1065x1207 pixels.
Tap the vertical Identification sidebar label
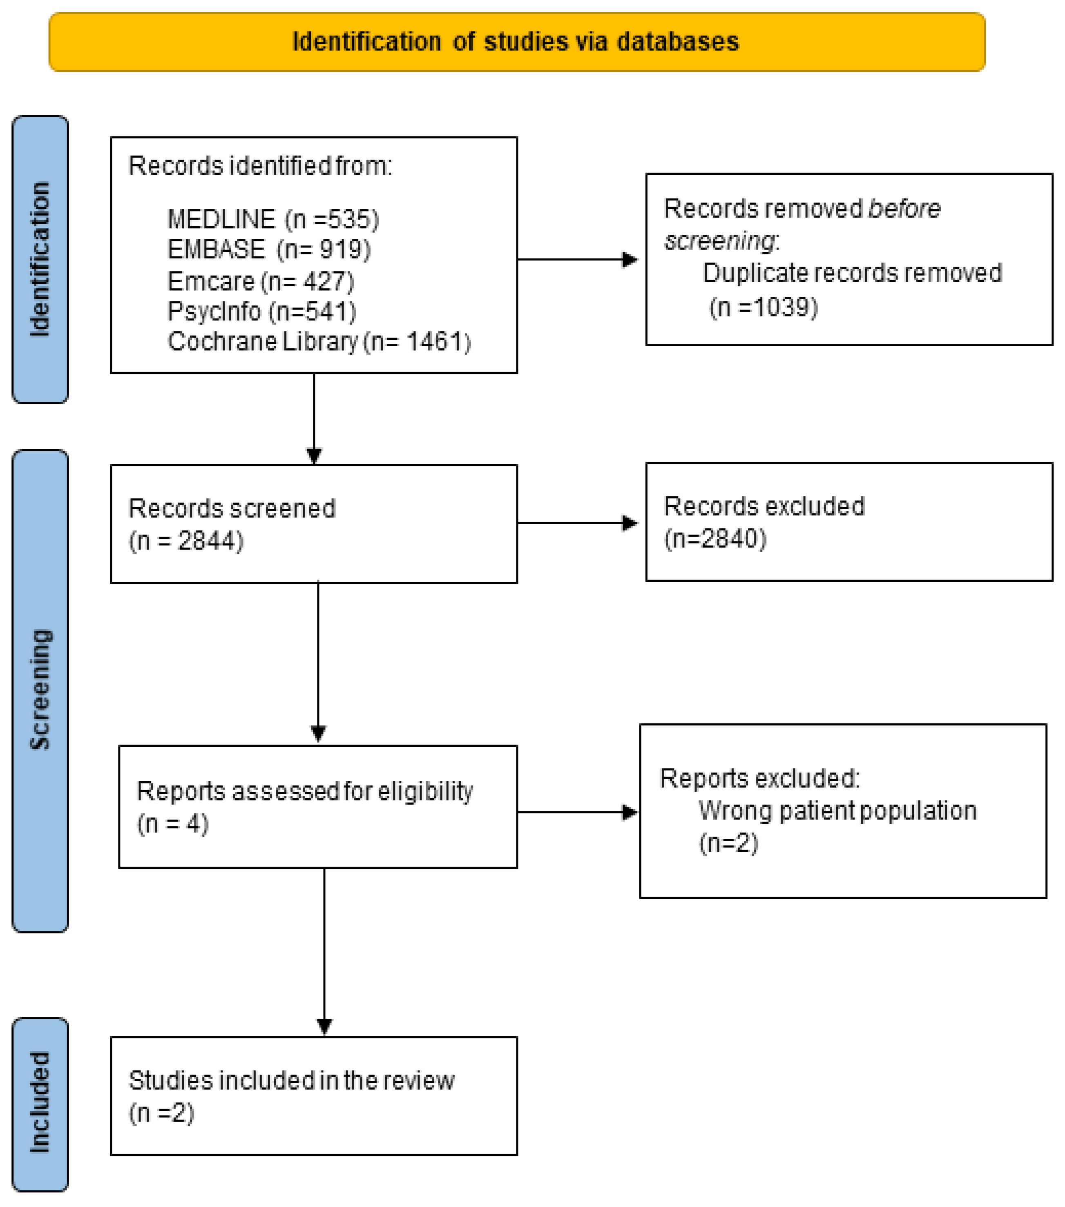pyautogui.click(x=40, y=259)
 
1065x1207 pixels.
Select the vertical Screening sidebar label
pyautogui.click(x=40, y=690)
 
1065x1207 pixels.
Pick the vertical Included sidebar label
pyautogui.click(x=40, y=1102)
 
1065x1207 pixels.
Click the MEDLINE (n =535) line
pyautogui.click(x=272, y=220)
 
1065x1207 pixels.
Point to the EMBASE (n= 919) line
pyautogui.click(x=269, y=250)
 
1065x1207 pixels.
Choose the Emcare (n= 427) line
pyautogui.click(x=261, y=281)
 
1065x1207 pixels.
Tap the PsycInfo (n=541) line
pyautogui.click(x=262, y=311)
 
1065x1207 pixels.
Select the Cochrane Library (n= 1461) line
pyautogui.click(x=319, y=342)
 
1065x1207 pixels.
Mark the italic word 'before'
pyautogui.click(x=904, y=209)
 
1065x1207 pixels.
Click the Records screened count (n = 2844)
pyautogui.click(x=186, y=541)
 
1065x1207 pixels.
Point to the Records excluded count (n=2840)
pyautogui.click(x=715, y=539)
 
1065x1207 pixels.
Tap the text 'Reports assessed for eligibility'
pyautogui.click(x=305, y=792)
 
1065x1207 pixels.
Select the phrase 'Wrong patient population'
pyautogui.click(x=837, y=811)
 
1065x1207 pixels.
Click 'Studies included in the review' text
pyautogui.click(x=291, y=1081)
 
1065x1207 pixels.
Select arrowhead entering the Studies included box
pyautogui.click(x=324, y=1026)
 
